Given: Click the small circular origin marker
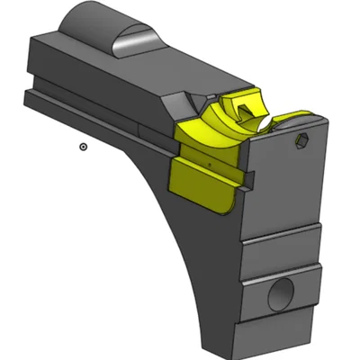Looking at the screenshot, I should pyautogui.click(x=83, y=146).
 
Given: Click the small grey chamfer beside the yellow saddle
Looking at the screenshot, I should pyautogui.click(x=191, y=103).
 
